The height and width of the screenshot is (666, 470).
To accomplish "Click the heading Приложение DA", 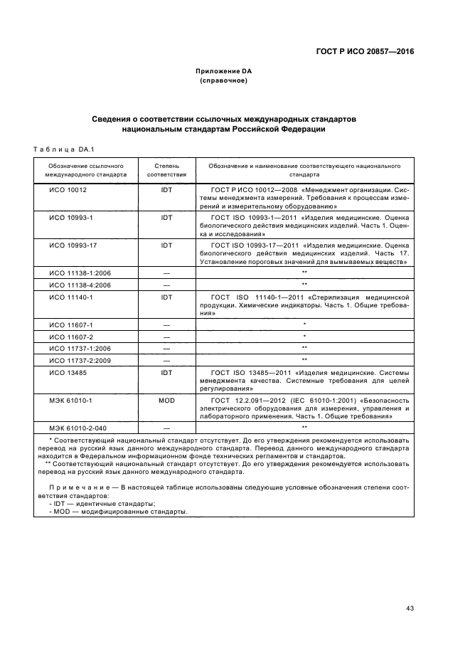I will pyautogui.click(x=224, y=72).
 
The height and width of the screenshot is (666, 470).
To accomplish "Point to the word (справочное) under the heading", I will pyautogui.click(x=224, y=81).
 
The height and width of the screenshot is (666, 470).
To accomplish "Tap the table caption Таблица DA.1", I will pyautogui.click(x=59, y=149).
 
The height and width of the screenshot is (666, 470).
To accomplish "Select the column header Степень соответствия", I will pyautogui.click(x=166, y=169).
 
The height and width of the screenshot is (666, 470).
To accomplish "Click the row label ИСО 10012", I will pyautogui.click(x=68, y=191).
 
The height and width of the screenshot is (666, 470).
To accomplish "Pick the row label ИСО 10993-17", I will pyautogui.click(x=72, y=245).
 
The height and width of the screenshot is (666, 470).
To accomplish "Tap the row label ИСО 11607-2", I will pyautogui.click(x=70, y=336).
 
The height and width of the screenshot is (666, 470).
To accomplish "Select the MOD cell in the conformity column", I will pyautogui.click(x=166, y=401).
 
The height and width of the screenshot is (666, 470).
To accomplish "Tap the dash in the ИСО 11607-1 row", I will pyautogui.click(x=166, y=324).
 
